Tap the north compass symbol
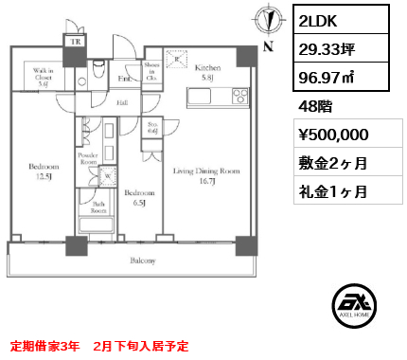tap(270, 24)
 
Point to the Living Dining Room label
tap(205, 176)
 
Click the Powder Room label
tap(88, 156)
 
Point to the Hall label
tap(122, 101)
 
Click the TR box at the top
tap(73, 41)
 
